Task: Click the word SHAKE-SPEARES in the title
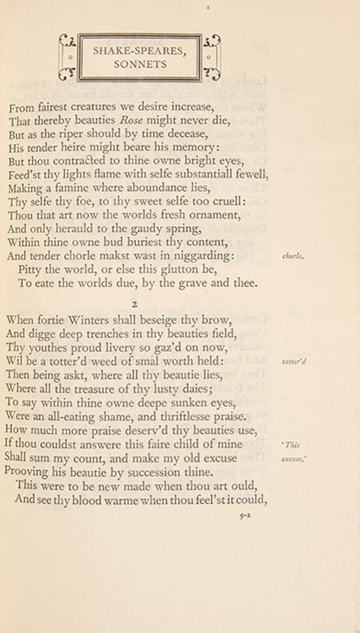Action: [138, 51]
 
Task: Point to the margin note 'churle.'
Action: [292, 256]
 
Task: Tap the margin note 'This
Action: [291, 444]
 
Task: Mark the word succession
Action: [158, 472]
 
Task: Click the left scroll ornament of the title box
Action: [67, 57]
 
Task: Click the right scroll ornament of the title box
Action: [211, 57]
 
